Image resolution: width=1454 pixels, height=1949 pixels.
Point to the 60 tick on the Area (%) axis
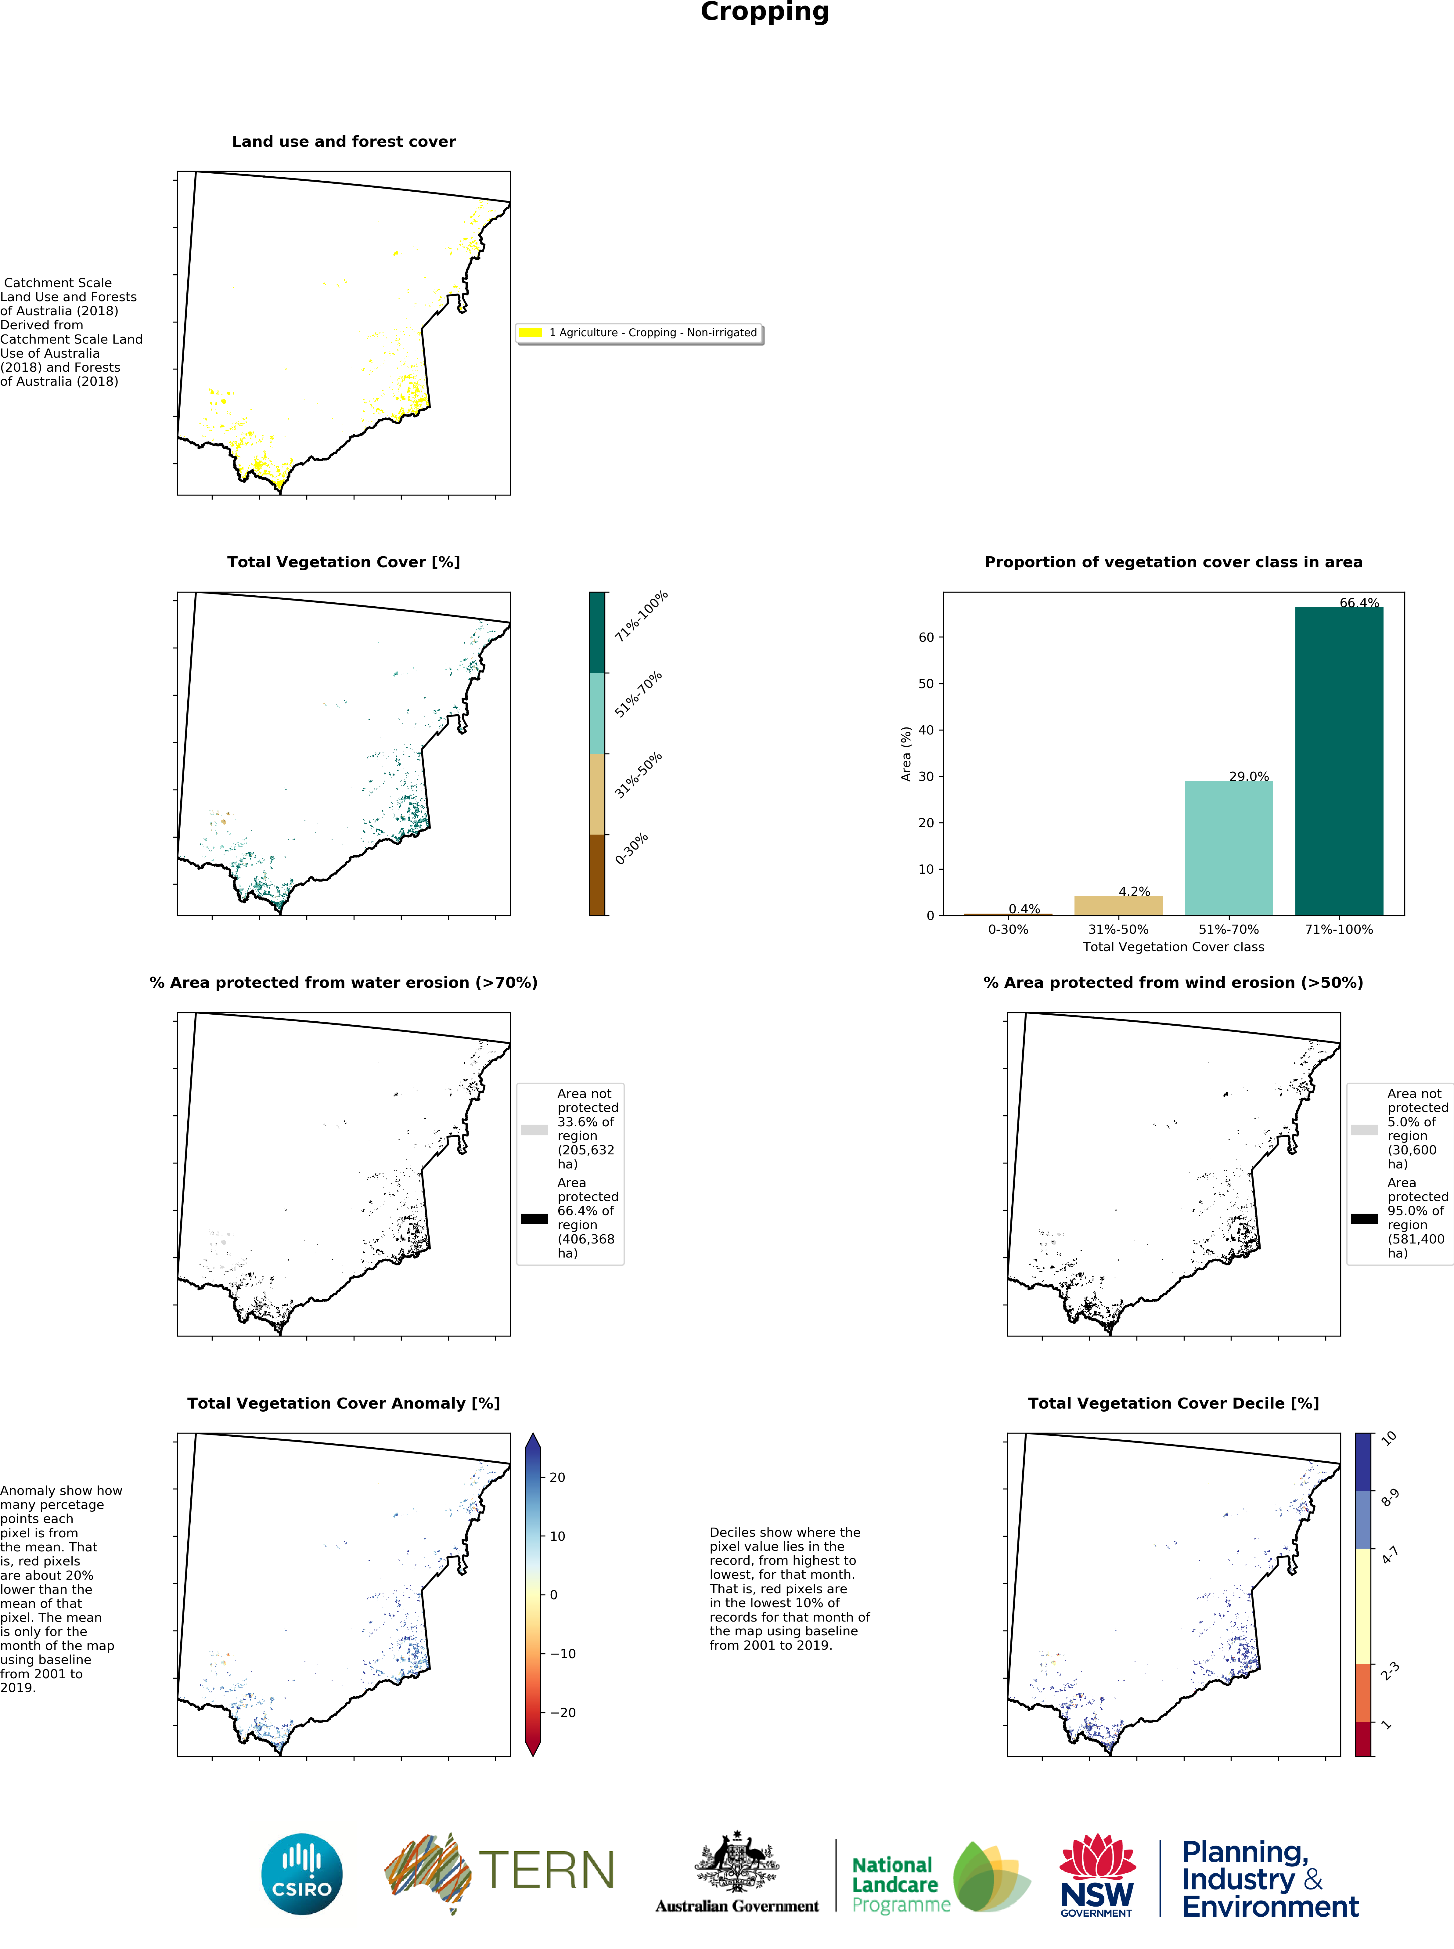click(926, 637)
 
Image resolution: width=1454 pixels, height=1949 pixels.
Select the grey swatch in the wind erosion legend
click(1364, 1129)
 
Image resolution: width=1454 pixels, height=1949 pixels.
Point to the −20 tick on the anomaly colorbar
click(563, 1712)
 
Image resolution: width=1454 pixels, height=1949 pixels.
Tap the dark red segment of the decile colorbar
click(1362, 1739)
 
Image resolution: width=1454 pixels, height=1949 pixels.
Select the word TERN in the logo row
click(546, 1871)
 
